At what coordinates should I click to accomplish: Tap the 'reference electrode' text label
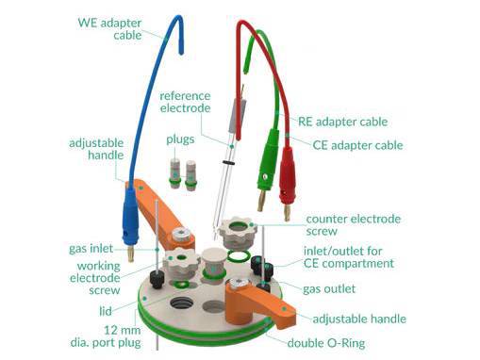tap(190, 103)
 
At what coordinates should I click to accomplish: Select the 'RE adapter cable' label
tap(342, 122)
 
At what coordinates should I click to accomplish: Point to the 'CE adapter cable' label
tap(357, 145)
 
